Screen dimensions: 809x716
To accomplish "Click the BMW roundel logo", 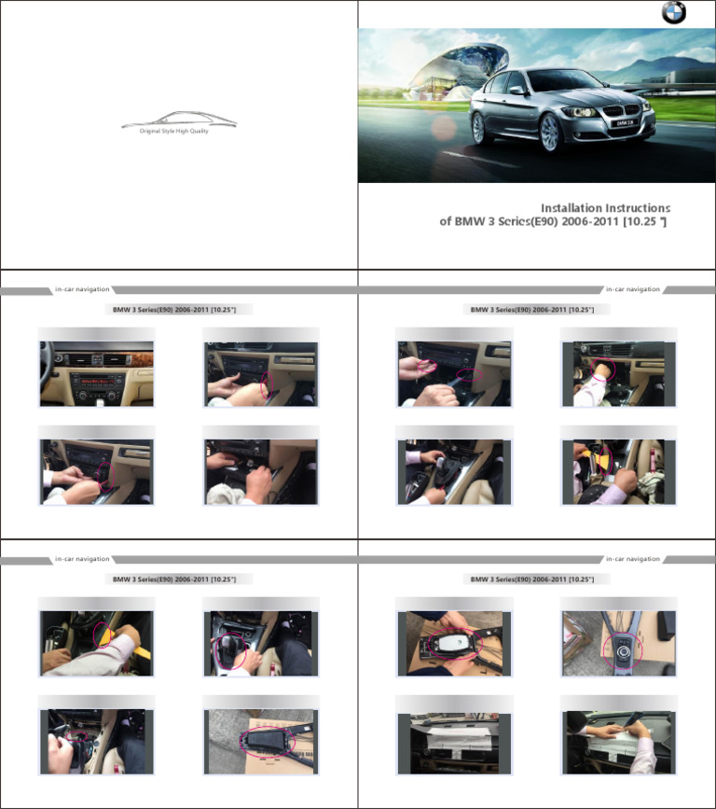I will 673,13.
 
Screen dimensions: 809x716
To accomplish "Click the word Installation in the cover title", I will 571,208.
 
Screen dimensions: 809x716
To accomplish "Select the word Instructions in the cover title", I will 639,208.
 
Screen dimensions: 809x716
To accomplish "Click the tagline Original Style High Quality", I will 174,132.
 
